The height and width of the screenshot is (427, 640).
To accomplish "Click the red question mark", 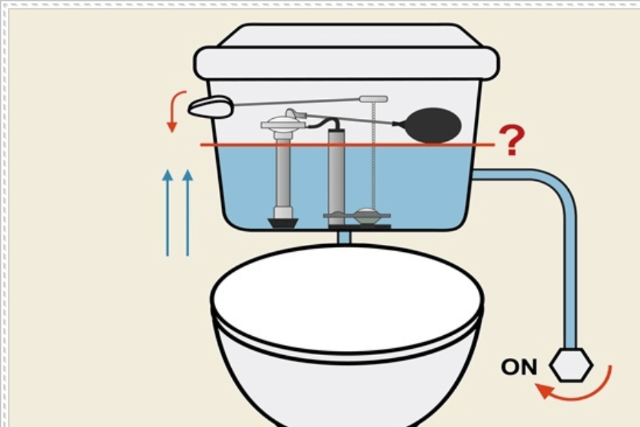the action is [512, 141].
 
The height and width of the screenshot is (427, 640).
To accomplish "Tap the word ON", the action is [519, 367].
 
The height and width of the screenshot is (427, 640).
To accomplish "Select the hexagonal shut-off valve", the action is [571, 365].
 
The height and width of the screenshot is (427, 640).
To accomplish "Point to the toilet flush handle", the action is [210, 107].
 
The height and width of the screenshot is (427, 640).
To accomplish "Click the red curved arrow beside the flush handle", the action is [177, 111].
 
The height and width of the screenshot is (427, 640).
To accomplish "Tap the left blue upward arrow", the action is [167, 213].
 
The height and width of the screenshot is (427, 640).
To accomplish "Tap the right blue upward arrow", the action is [187, 213].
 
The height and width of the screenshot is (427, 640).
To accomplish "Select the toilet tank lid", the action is [346, 51].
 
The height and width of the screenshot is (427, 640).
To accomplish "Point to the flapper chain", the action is [373, 155].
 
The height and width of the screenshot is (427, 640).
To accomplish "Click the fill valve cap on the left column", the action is [284, 122].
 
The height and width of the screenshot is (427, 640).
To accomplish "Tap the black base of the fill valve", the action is [283, 223].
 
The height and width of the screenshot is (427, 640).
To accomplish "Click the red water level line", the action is [347, 144].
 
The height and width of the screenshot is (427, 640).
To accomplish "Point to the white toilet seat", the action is [347, 302].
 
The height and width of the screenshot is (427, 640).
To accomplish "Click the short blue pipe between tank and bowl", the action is [344, 238].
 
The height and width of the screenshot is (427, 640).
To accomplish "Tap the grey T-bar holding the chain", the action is [373, 99].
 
